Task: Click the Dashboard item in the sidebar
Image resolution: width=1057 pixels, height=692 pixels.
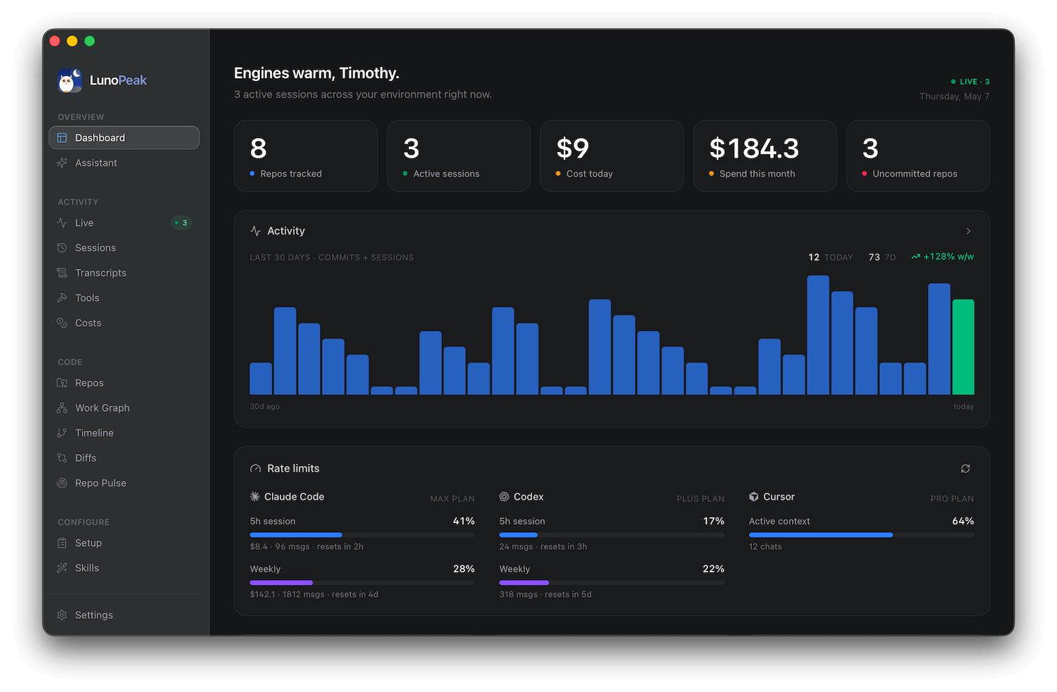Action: coord(123,138)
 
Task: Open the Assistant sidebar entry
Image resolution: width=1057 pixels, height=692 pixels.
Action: coord(96,163)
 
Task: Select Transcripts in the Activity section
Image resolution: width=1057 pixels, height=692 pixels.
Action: coord(101,272)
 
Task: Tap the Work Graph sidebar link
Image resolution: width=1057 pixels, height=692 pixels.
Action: coord(102,408)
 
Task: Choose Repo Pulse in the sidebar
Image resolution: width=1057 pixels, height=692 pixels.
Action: coord(101,483)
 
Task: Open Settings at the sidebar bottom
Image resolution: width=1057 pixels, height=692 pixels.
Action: coord(94,615)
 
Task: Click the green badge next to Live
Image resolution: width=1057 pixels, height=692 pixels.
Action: coord(181,222)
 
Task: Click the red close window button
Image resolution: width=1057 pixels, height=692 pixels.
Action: coord(55,41)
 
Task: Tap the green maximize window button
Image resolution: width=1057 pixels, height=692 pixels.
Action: coord(89,41)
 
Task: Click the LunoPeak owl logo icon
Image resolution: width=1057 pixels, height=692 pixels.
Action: coord(69,80)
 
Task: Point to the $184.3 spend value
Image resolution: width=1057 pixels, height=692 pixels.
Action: coord(753,149)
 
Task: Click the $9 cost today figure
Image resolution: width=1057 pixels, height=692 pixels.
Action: coord(573,149)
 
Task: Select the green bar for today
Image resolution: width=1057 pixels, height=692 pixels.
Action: coord(963,347)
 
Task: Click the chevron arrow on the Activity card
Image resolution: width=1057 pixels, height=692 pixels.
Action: coord(968,231)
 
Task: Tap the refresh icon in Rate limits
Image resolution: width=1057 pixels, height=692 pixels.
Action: coord(965,469)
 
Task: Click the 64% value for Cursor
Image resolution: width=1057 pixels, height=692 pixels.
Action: coord(963,521)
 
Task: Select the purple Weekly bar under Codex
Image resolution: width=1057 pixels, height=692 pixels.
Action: coord(524,583)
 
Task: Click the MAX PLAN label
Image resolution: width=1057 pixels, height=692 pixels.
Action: coord(452,498)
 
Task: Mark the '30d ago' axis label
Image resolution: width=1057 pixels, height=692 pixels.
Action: coord(265,406)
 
